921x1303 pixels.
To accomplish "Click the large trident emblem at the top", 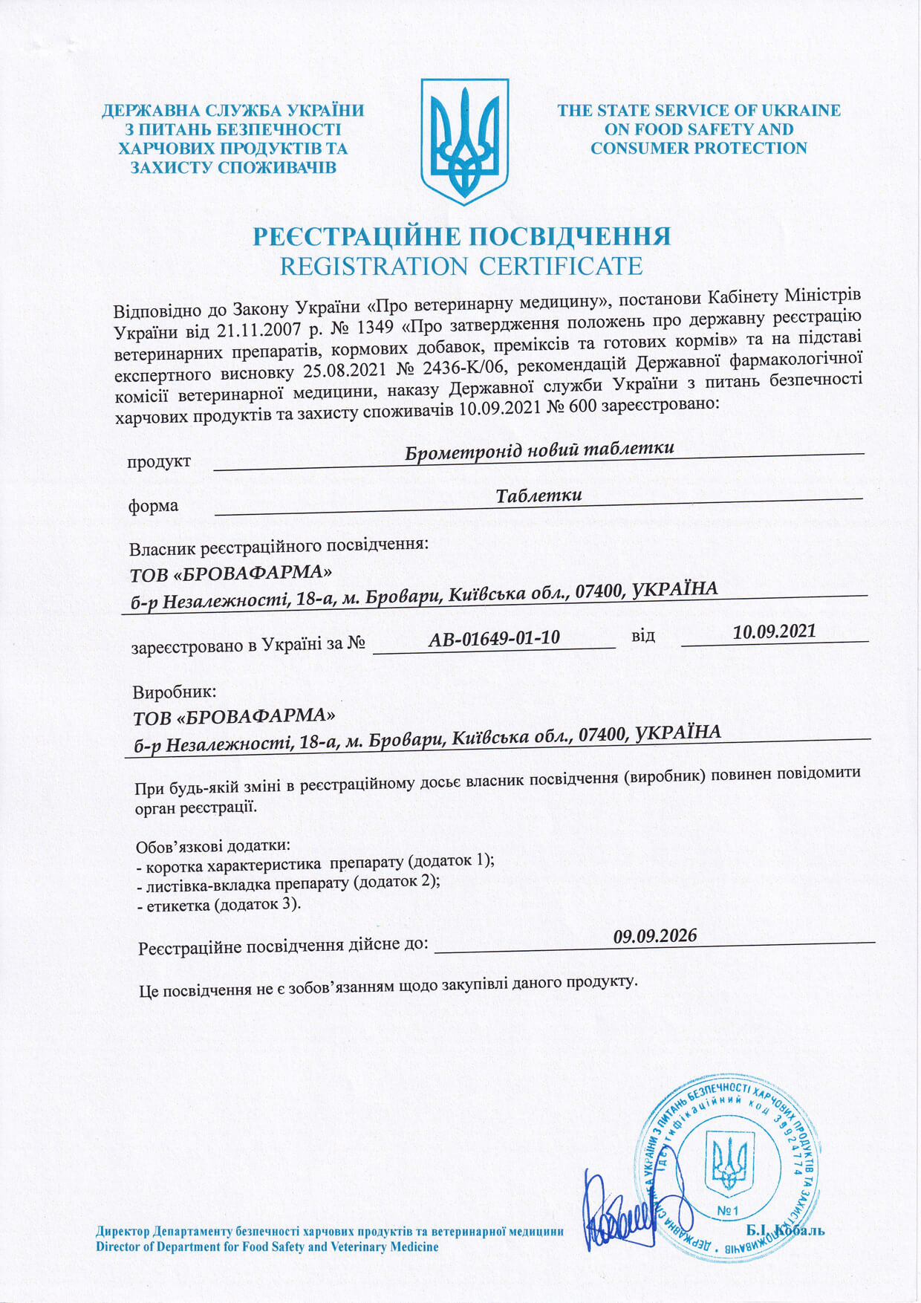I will (x=464, y=141).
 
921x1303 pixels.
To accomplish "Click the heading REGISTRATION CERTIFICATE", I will (x=461, y=266).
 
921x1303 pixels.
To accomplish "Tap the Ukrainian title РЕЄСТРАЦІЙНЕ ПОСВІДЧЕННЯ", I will (x=461, y=236).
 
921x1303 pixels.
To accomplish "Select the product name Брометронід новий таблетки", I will (x=540, y=449).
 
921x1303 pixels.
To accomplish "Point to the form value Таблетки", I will (x=538, y=495).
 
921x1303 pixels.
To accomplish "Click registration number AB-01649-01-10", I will (x=494, y=637).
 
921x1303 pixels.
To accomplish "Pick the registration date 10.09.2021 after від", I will (x=774, y=631).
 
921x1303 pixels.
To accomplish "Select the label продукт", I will (x=159, y=462).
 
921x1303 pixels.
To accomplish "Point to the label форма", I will (x=154, y=506).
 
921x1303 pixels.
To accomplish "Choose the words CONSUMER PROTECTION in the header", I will (x=698, y=148).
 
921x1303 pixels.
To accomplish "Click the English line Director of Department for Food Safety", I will (x=267, y=1247).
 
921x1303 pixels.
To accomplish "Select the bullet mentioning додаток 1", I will (x=316, y=862).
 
